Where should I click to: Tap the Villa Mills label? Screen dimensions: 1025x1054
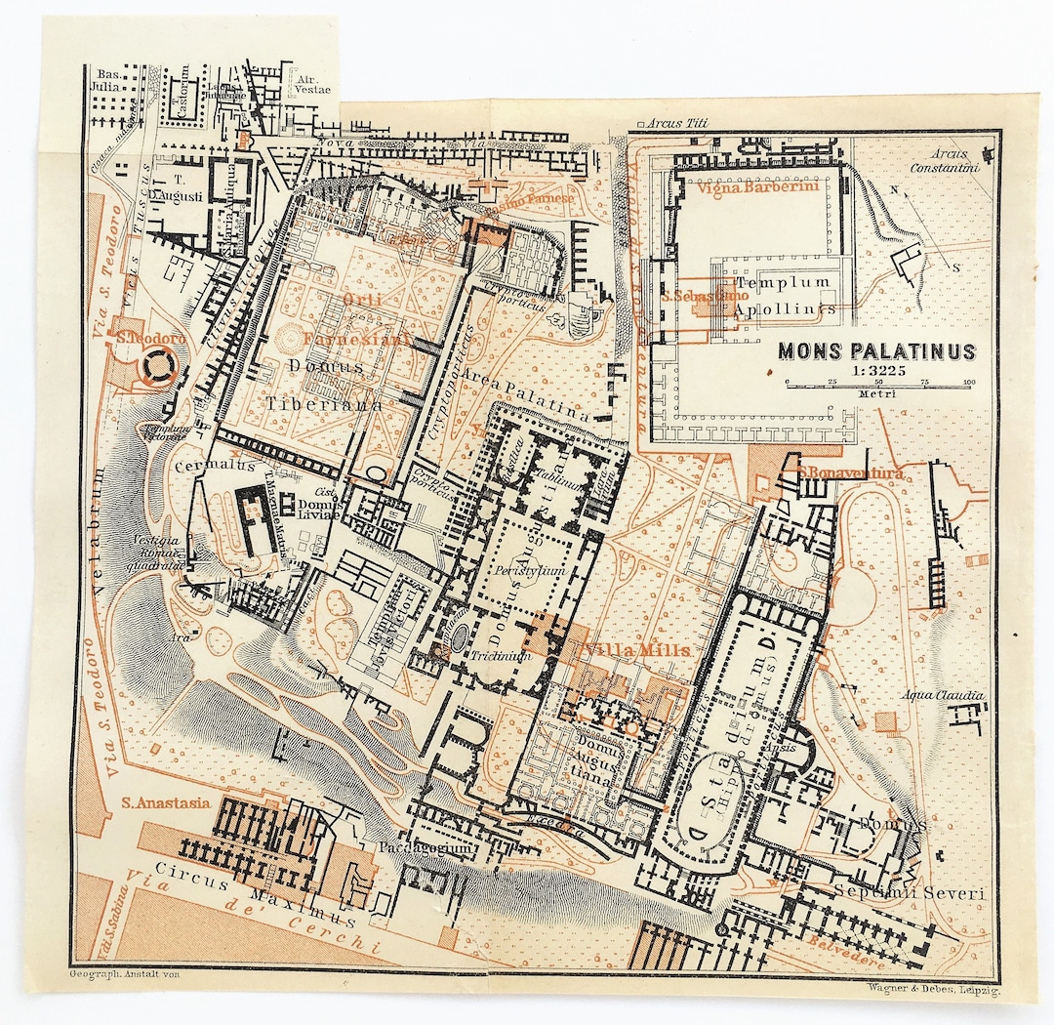636,650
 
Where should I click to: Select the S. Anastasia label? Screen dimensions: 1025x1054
165,802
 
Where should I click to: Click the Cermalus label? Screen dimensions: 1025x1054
202,467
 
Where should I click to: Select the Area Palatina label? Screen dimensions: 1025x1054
527,395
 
